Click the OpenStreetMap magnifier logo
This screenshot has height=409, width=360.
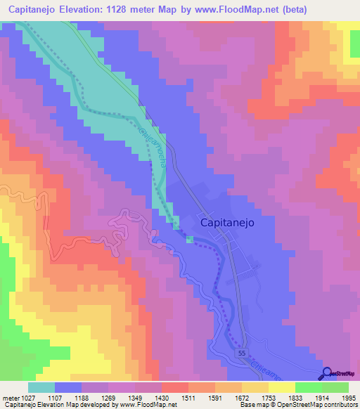(x=327, y=374)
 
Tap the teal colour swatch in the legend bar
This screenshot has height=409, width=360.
(x=41, y=387)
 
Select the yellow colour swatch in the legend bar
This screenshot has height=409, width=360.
(x=281, y=387)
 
